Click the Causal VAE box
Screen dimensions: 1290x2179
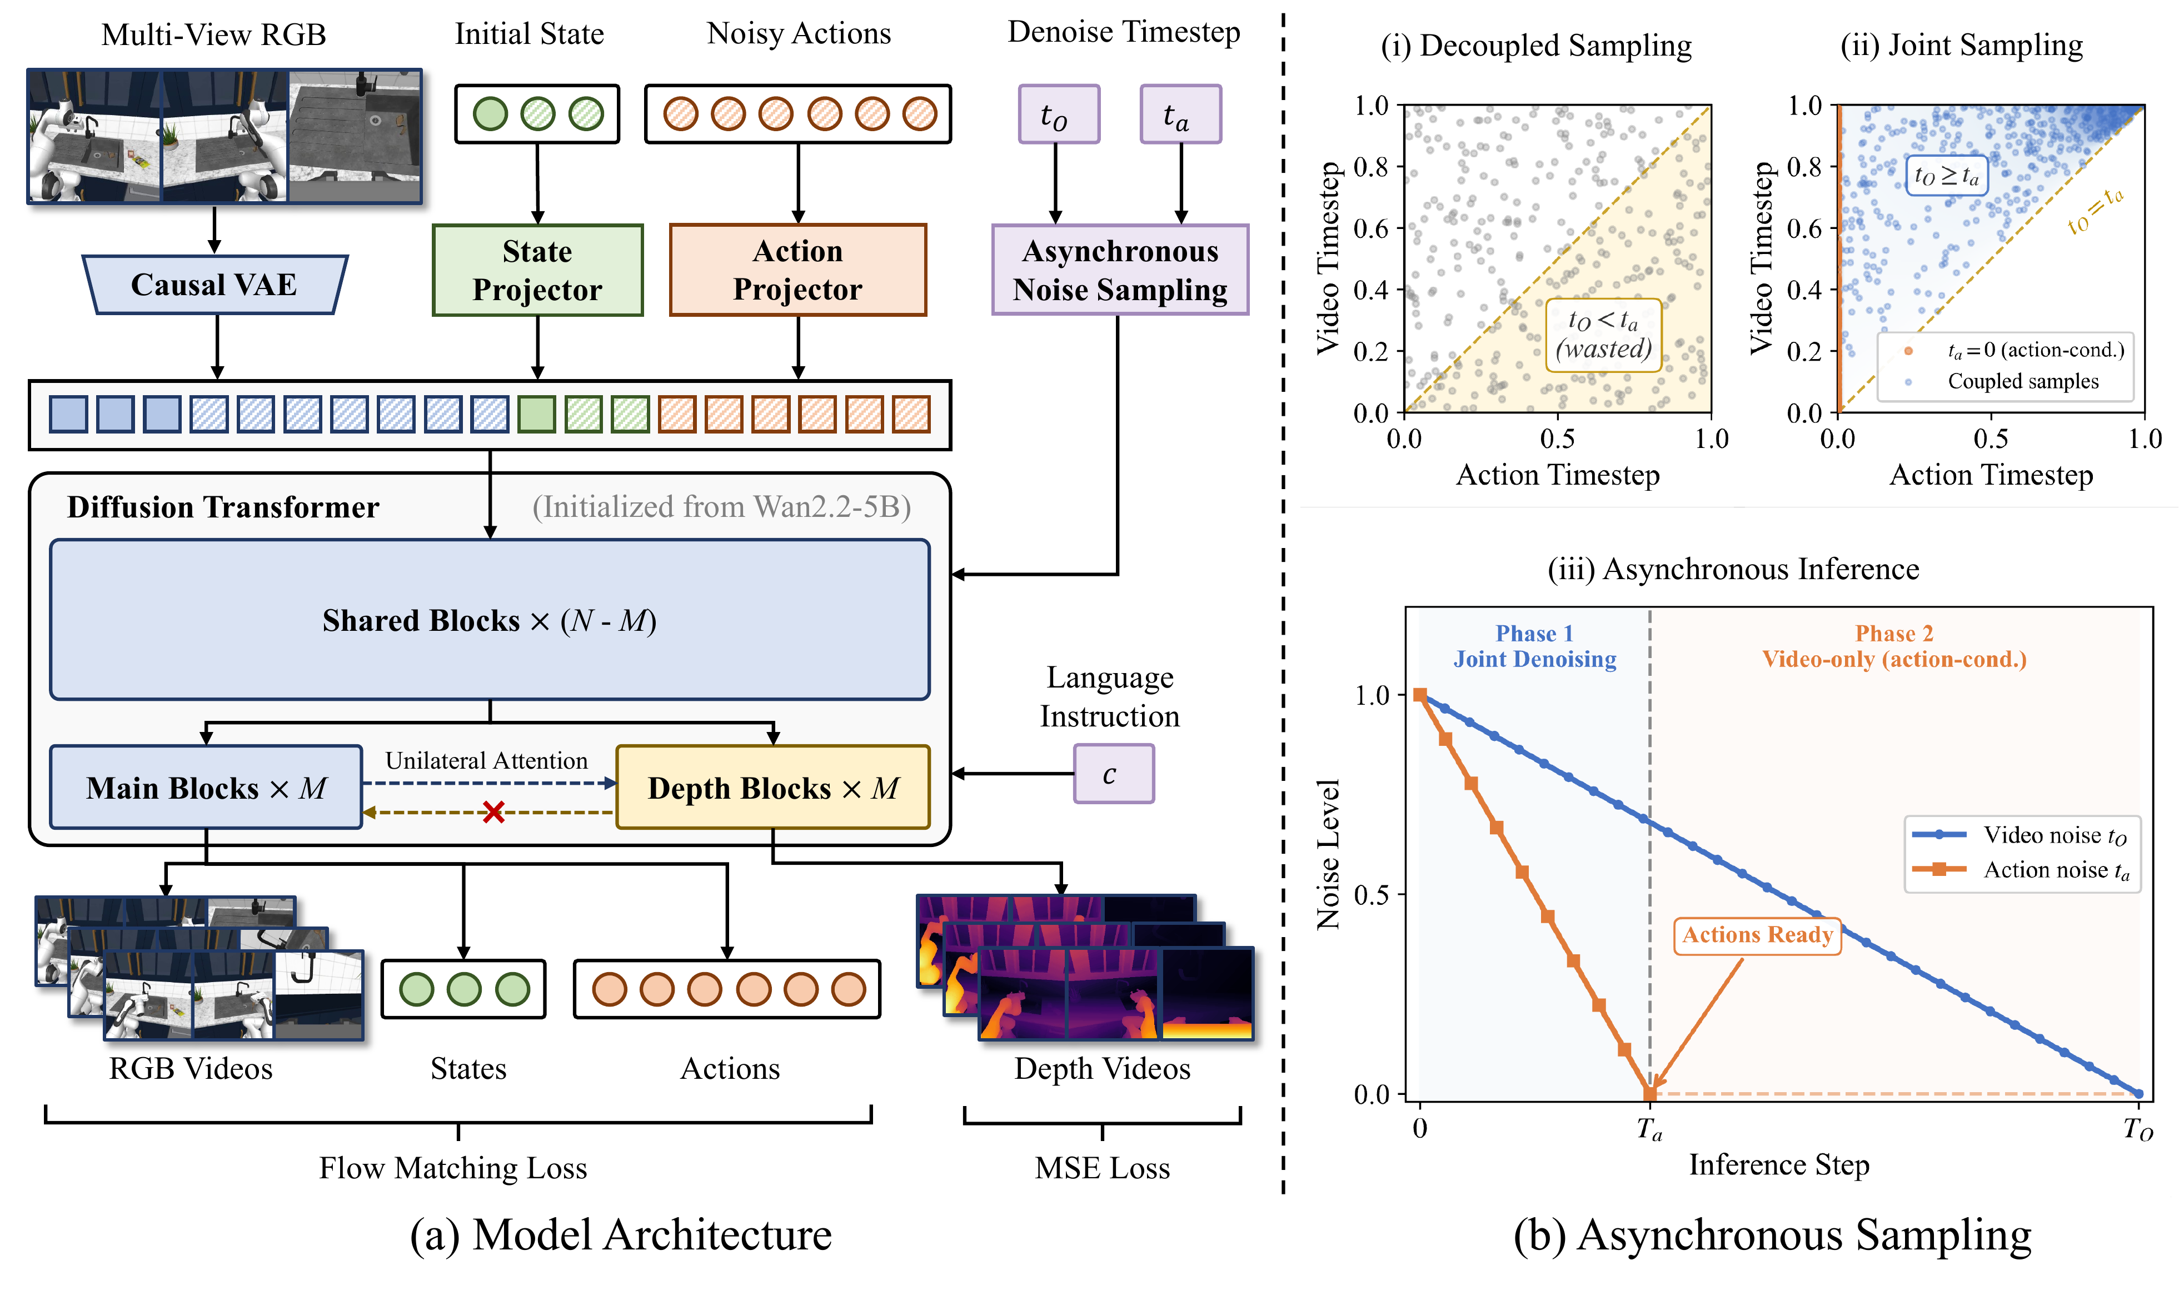click(214, 284)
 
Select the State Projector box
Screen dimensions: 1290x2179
click(537, 270)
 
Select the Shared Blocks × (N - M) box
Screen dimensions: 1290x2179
click(490, 620)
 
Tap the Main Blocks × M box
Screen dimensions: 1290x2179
click(206, 788)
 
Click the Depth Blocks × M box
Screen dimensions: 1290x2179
click(772, 788)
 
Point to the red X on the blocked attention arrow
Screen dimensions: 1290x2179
click(493, 813)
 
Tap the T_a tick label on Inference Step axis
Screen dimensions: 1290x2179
click(1649, 1130)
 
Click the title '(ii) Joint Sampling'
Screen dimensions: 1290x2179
click(1961, 45)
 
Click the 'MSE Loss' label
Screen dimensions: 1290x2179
click(1101, 1168)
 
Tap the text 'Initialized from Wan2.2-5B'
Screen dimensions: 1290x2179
click(721, 507)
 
